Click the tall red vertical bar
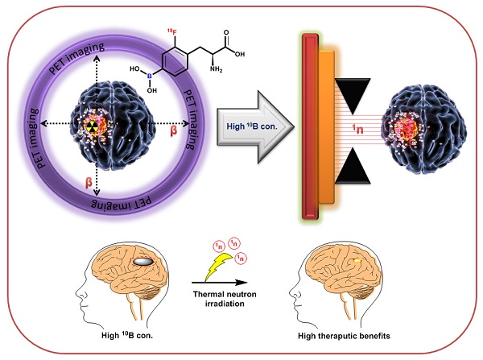[308, 126]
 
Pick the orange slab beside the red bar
[326, 126]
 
